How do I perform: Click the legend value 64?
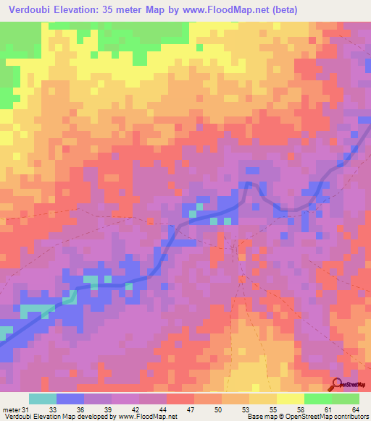click(x=355, y=409)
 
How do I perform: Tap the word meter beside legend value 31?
click(x=11, y=409)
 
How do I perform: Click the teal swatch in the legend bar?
click(x=43, y=399)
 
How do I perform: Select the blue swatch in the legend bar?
click(x=70, y=399)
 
